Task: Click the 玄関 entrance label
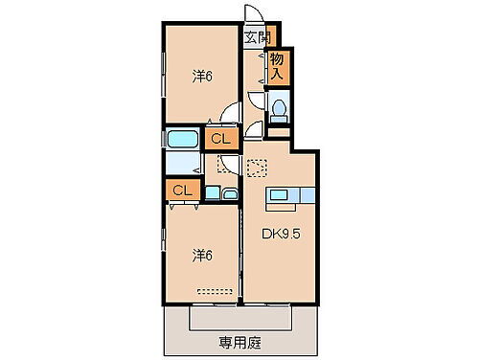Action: pos(257,37)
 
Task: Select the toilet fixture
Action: pos(279,110)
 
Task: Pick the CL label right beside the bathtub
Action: pos(220,140)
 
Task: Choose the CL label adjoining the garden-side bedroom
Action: pos(183,191)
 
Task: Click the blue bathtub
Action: pos(182,140)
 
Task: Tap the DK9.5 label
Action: pos(280,232)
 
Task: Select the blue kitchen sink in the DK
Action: pos(279,195)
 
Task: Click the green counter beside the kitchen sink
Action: pos(308,195)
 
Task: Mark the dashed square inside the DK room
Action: pos(255,169)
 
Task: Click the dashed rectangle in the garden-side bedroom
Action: pos(214,288)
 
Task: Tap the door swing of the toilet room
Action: pos(256,101)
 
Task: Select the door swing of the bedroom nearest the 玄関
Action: pos(231,113)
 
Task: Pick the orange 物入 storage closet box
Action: pos(279,66)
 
